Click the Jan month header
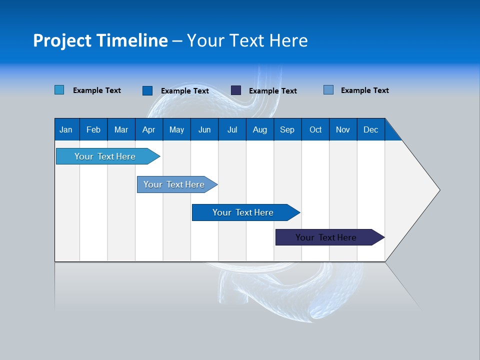(66, 129)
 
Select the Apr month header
(148, 129)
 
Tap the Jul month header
(232, 129)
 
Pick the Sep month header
(287, 129)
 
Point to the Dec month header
(370, 129)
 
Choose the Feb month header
(93, 129)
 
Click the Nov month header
(342, 129)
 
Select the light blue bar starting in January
(105, 156)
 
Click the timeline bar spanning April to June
(174, 184)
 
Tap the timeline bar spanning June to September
(243, 212)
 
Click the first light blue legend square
(59, 90)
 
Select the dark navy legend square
(236, 90)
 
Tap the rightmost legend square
(328, 90)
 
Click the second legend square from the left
(147, 90)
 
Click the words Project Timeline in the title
(100, 40)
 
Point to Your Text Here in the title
(247, 40)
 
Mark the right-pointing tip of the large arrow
(438, 190)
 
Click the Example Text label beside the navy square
(272, 91)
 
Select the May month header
(176, 129)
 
